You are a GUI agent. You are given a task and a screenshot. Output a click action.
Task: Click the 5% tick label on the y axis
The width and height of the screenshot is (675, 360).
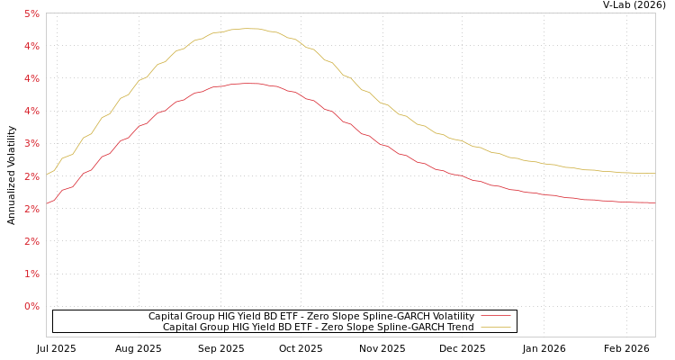click(31, 13)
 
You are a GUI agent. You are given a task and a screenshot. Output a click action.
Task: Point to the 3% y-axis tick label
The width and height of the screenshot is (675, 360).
click(31, 144)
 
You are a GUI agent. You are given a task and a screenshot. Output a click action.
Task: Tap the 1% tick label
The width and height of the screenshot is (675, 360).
click(31, 274)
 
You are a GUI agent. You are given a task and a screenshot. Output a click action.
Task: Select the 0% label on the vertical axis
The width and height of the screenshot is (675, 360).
click(31, 306)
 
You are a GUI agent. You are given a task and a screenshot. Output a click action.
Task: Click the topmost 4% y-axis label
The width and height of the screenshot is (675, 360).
click(31, 46)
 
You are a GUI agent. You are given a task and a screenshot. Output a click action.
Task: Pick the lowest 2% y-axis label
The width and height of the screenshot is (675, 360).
click(31, 241)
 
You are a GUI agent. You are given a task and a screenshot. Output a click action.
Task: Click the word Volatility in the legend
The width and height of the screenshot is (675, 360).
click(452, 316)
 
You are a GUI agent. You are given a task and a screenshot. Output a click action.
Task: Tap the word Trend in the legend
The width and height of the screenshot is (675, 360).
click(459, 327)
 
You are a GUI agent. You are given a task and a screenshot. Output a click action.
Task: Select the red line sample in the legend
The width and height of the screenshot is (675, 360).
click(495, 316)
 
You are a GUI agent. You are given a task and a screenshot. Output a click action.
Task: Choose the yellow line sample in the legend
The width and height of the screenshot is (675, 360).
click(495, 327)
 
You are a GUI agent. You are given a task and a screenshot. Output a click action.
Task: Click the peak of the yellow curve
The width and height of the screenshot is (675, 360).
click(247, 29)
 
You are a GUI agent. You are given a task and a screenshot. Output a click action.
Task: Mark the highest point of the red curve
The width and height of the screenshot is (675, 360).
click(247, 83)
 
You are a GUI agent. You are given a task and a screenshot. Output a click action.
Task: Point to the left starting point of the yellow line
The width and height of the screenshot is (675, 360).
click(47, 175)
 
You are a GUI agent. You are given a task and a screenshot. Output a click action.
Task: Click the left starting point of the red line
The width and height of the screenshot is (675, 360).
click(47, 203)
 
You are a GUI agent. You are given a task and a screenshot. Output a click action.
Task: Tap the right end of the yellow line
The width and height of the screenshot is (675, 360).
click(654, 173)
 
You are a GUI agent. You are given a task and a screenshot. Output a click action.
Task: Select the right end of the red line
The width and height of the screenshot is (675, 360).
click(654, 202)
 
